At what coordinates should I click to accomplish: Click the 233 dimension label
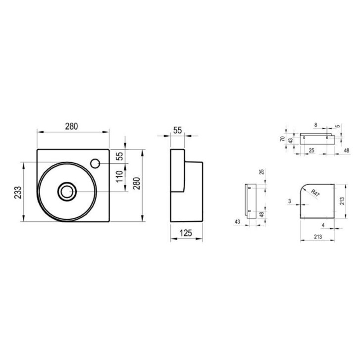click(18, 192)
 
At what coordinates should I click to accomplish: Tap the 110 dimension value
click(119, 176)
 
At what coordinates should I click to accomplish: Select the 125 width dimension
click(186, 233)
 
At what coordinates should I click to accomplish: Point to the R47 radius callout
click(315, 193)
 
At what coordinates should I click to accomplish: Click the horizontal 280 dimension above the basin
click(71, 126)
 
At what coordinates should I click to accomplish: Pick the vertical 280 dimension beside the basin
click(137, 183)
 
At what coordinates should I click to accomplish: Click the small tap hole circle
click(95, 163)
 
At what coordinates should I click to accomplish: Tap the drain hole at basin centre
click(66, 192)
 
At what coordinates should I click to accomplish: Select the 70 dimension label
click(283, 139)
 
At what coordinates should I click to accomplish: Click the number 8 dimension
click(316, 125)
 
